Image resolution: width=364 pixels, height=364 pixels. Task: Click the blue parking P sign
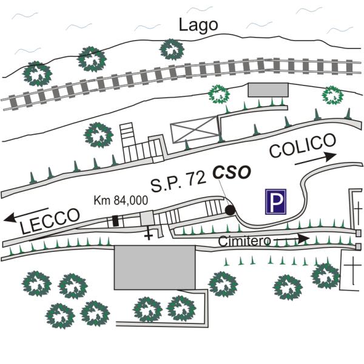tap(276, 202)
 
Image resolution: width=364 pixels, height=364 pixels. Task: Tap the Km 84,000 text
tap(121, 200)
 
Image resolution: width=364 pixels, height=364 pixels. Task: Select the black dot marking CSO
tap(230, 210)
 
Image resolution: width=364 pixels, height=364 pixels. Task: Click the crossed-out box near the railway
tap(194, 129)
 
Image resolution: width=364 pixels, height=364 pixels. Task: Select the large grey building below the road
tap(155, 267)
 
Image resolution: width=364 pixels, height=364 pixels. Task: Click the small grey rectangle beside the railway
tap(268, 89)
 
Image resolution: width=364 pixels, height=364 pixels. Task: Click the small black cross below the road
tap(149, 233)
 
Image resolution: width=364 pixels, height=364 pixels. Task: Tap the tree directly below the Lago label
tap(172, 49)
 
